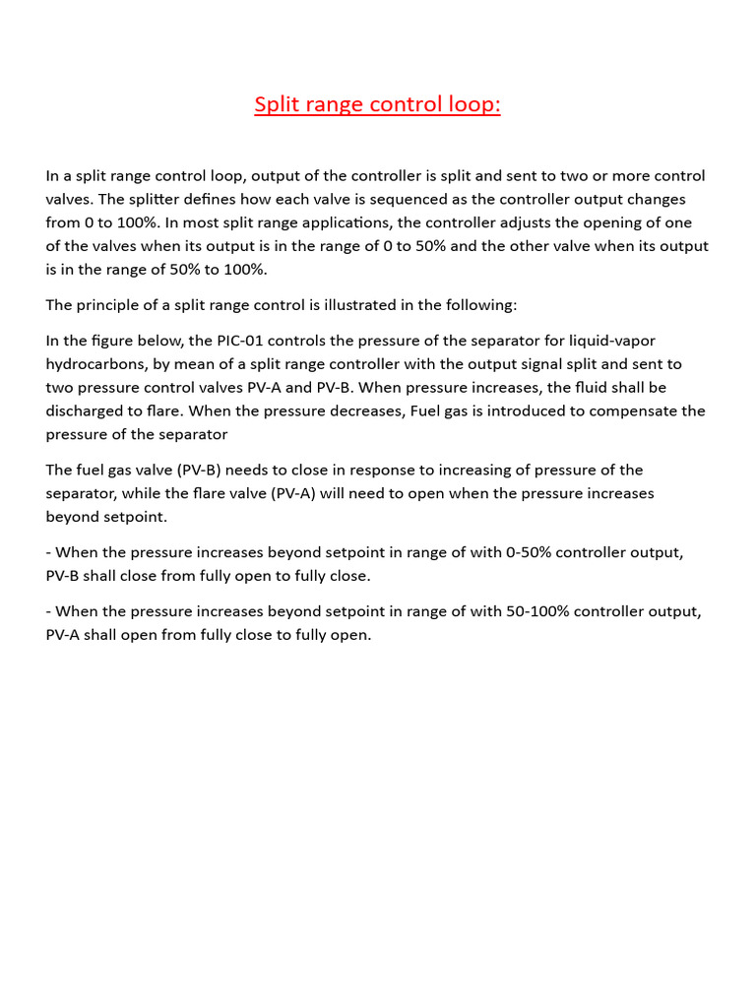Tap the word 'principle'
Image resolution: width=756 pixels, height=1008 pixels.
tap(110, 305)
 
